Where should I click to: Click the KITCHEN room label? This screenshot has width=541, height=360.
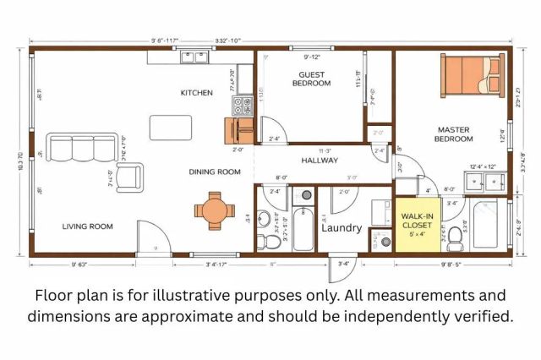tap(195, 93)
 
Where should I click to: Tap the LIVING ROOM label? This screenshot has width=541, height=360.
tap(87, 226)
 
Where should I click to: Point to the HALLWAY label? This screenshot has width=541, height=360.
tap(320, 160)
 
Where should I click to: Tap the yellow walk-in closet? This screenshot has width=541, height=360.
tap(417, 226)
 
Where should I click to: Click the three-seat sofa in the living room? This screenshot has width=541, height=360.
tap(74, 147)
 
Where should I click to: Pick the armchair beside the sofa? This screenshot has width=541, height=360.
tap(128, 177)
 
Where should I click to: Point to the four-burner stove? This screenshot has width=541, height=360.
tap(242, 106)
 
